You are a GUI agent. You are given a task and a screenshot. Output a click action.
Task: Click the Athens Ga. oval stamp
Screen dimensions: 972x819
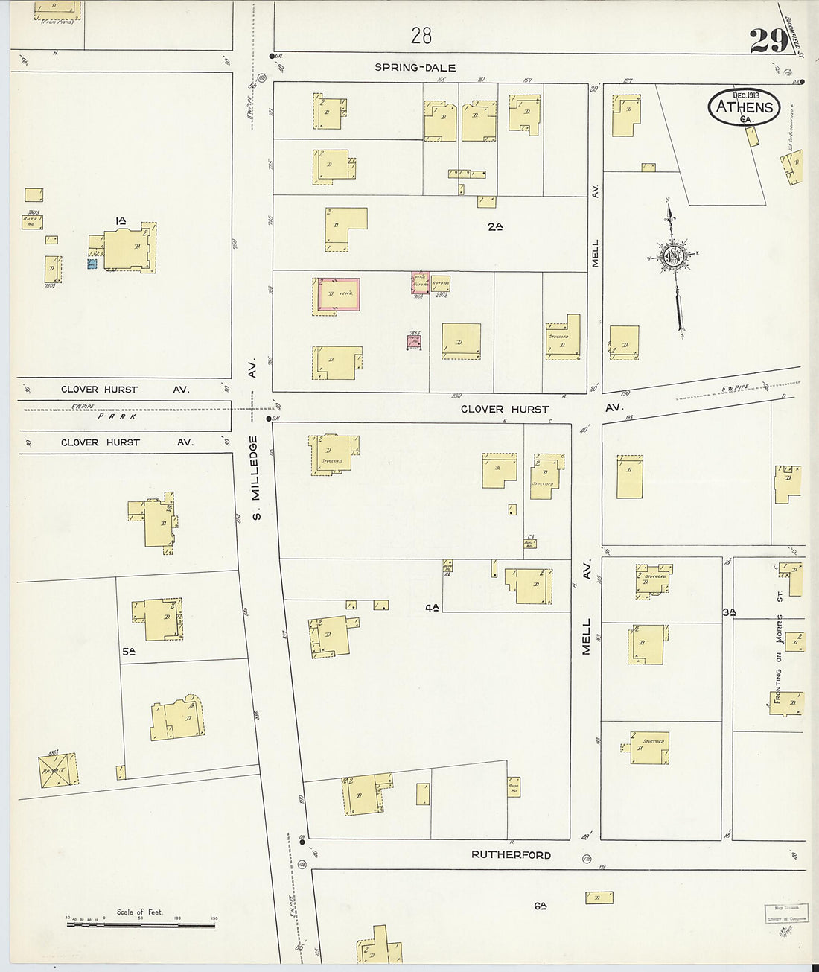(744, 107)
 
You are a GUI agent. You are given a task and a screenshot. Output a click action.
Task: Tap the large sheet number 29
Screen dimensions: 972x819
(768, 41)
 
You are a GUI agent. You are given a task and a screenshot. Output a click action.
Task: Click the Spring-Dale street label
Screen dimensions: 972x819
(415, 67)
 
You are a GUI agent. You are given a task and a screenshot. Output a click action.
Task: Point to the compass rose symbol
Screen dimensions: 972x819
(674, 257)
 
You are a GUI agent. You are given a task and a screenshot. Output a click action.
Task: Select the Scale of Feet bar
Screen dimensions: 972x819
(141, 924)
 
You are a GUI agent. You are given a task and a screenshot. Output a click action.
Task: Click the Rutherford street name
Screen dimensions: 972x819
(511, 854)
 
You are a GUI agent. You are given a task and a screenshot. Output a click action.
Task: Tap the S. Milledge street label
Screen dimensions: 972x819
(254, 477)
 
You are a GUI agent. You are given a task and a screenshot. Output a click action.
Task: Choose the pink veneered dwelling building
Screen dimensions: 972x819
(339, 294)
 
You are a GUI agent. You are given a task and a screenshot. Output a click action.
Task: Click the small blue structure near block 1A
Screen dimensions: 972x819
(92, 264)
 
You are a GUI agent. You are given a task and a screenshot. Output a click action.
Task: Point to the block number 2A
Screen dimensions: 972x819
(495, 226)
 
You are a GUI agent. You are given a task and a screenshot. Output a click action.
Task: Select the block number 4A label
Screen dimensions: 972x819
(432, 607)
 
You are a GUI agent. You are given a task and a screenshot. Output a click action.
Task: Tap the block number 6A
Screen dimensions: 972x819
(541, 906)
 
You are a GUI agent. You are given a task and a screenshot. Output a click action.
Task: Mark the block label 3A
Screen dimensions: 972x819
(730, 612)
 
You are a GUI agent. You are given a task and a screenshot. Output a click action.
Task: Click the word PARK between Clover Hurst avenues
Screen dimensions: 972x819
(118, 416)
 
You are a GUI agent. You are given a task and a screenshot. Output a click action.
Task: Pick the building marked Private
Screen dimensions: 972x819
(58, 769)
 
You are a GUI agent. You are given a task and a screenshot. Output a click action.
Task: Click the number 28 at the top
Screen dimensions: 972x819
(421, 35)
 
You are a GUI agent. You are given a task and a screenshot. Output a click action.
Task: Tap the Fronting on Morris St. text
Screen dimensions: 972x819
(779, 659)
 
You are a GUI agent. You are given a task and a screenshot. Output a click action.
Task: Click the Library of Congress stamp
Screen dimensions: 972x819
(785, 914)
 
